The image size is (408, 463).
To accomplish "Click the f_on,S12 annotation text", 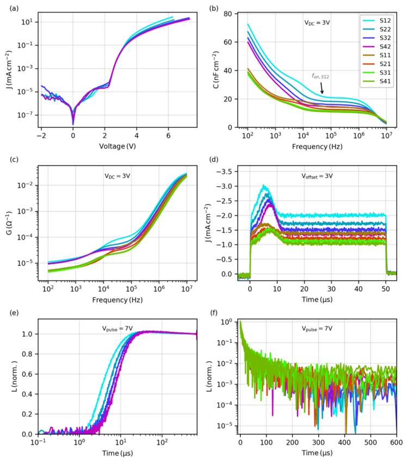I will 319,77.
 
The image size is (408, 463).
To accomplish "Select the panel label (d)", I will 213,160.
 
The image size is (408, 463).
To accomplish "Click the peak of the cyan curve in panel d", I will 264,186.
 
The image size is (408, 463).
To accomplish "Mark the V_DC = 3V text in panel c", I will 120,176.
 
